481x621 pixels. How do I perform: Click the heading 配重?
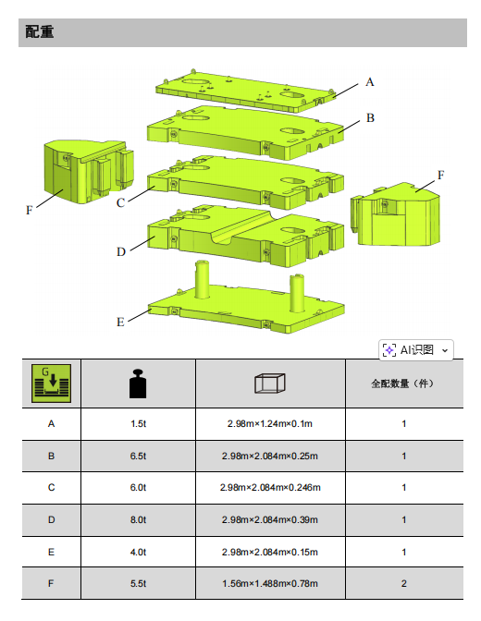40,32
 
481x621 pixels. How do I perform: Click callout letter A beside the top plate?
370,81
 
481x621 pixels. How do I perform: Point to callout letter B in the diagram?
370,118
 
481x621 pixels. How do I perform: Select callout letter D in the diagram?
120,251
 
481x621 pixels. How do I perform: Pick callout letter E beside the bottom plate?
120,322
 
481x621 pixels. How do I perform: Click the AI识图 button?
416,349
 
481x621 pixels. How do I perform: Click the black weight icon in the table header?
138,383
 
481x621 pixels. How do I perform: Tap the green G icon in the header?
51,383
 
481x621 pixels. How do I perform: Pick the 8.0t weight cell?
138,519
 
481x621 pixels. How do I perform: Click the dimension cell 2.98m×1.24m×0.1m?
270,424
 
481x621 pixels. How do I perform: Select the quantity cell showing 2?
404,583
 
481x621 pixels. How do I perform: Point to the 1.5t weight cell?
138,424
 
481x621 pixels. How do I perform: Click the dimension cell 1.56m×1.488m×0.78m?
270,583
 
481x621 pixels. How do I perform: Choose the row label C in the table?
51,487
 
